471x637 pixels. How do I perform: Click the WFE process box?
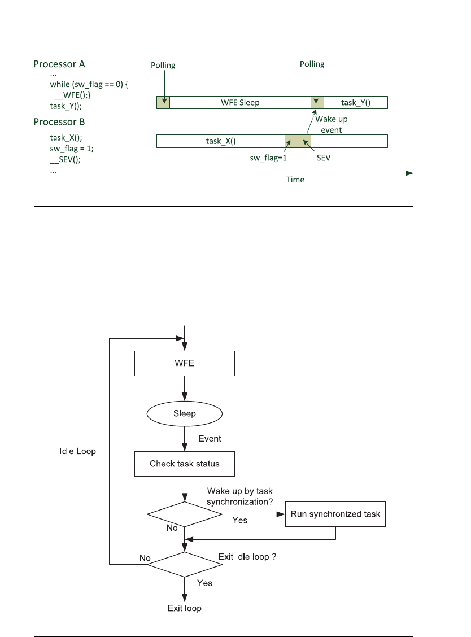184,364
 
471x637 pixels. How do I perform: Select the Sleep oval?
184,413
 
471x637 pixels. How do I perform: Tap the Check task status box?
184,464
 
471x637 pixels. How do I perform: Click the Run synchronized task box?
335,514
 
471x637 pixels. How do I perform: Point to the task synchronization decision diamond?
185,514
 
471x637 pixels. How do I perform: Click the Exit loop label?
184,608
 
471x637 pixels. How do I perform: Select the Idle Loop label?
77,451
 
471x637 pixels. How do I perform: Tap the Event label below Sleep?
210,438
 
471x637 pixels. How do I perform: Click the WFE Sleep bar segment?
240,103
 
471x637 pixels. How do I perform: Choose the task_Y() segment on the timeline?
356,103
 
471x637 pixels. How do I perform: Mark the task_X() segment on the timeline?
220,141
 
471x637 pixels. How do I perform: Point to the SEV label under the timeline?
323,158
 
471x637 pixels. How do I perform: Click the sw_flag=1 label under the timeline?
268,158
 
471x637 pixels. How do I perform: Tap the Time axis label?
295,180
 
